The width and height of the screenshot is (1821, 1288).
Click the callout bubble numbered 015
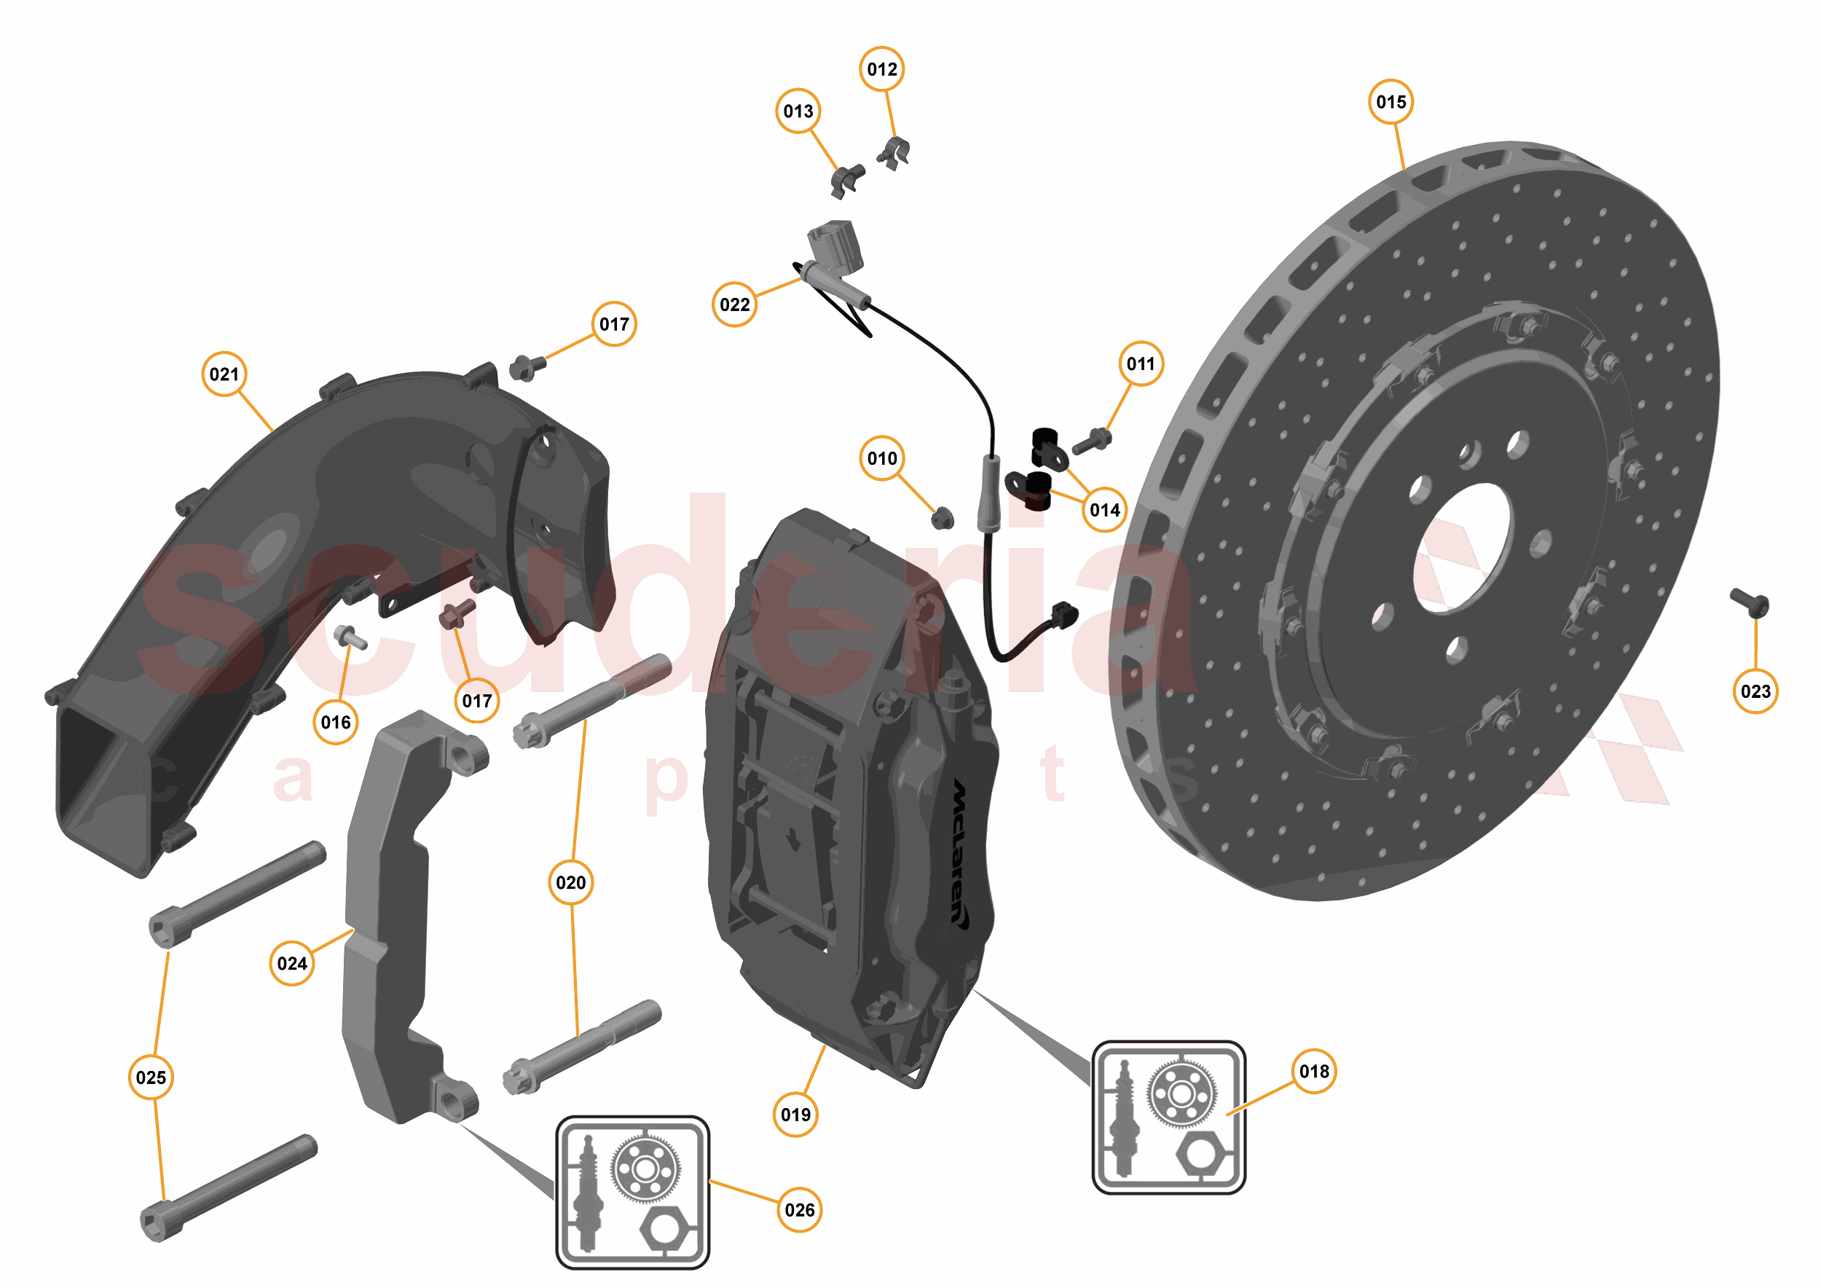(x=1391, y=101)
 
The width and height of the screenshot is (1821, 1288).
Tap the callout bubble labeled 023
(x=1755, y=691)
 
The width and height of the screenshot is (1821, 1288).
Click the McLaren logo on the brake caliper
(x=960, y=852)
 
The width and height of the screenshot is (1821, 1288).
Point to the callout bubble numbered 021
(x=224, y=374)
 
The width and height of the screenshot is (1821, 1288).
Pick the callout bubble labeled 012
(x=881, y=69)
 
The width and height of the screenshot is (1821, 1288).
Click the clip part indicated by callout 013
(x=847, y=179)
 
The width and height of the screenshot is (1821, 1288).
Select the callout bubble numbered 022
(x=733, y=305)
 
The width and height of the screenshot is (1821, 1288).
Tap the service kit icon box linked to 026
(x=632, y=1192)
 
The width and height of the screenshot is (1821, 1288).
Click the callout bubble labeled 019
(x=795, y=1115)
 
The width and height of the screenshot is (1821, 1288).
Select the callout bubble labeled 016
(x=336, y=722)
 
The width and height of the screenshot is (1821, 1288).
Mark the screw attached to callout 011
(x=1092, y=441)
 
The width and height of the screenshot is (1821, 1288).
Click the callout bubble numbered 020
(x=570, y=882)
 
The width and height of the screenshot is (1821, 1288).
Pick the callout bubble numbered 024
(x=292, y=963)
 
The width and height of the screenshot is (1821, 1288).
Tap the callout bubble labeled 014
(x=1104, y=509)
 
